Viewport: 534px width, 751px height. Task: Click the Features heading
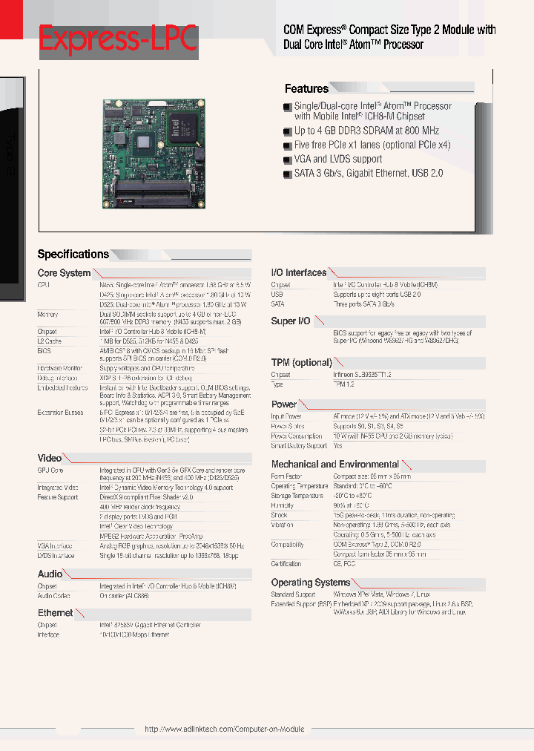pos(306,88)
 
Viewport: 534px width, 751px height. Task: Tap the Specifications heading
pos(73,254)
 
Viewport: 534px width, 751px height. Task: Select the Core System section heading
pos(64,273)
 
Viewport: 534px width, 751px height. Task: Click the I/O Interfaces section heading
pos(298,272)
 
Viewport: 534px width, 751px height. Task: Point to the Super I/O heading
pos(290,321)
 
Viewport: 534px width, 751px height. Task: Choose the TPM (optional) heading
pos(301,362)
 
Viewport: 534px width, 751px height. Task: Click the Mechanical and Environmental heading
pos(334,464)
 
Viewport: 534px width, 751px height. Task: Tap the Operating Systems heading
pos(310,583)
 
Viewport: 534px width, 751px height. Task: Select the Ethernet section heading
pos(56,613)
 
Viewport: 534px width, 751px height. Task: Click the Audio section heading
pos(50,574)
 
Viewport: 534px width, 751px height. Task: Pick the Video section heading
pos(50,458)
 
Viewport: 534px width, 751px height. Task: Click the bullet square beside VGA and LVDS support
pos(287,160)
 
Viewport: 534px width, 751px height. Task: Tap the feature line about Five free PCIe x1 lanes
pos(372,145)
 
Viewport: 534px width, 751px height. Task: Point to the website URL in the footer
pos(224,729)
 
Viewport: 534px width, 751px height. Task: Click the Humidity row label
pos(284,505)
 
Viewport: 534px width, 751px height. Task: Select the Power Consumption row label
pos(297,436)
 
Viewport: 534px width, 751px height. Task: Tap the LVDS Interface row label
pos(56,554)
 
